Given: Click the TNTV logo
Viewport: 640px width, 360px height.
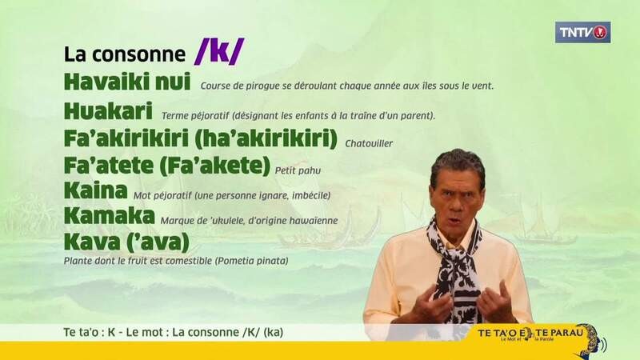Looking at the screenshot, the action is (x=582, y=32).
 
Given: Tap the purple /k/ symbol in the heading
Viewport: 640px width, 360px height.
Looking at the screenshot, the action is (x=219, y=52).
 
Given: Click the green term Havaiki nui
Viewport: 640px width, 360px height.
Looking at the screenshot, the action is (x=127, y=82).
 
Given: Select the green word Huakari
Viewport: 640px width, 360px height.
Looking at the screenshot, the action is (x=108, y=111).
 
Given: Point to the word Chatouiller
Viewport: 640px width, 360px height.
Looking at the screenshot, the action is (x=369, y=144).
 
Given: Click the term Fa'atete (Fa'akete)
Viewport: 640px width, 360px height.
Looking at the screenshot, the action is (x=167, y=166).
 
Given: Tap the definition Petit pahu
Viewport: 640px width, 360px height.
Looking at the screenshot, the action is (x=298, y=170).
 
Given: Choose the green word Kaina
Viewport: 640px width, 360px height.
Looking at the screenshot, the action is (x=96, y=190).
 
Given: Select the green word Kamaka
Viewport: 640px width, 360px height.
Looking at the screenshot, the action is (x=110, y=216).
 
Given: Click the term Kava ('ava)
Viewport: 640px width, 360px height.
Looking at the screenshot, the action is (x=127, y=242).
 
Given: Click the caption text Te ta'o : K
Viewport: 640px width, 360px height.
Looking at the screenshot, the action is (x=90, y=332).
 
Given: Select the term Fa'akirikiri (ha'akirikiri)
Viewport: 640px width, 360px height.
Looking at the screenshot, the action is (x=201, y=138).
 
